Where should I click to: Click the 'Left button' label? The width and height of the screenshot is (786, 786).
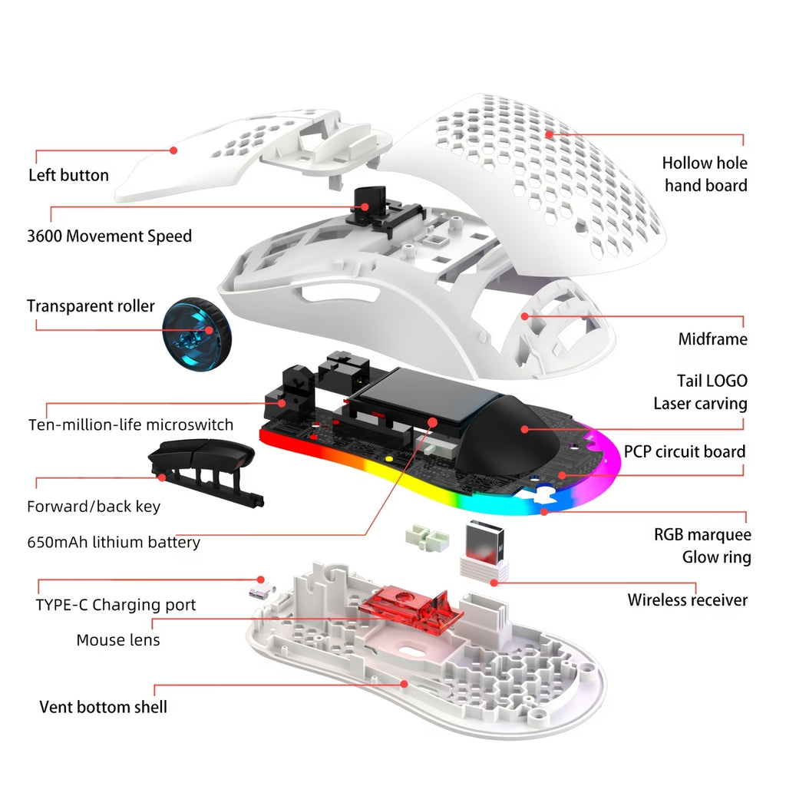click(68, 175)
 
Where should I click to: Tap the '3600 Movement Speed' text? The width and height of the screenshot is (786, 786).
click(109, 236)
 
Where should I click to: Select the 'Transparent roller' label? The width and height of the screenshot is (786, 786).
click(91, 306)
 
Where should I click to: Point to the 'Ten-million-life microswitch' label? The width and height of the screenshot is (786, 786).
click(130, 424)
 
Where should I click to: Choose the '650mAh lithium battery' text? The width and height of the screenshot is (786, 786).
click(113, 542)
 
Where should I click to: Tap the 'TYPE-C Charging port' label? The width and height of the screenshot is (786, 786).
click(115, 605)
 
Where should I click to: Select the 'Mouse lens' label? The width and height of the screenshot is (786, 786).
click(118, 639)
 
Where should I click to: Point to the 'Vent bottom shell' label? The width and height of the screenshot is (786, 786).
click(103, 706)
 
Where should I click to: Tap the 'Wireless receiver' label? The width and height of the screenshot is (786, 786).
click(687, 599)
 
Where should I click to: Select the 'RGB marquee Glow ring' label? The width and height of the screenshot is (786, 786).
click(702, 546)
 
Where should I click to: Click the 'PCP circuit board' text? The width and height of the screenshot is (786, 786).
click(684, 451)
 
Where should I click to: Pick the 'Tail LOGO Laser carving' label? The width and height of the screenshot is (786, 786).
click(700, 391)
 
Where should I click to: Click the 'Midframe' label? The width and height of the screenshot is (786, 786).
click(712, 339)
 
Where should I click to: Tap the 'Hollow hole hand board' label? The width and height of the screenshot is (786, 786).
click(705, 173)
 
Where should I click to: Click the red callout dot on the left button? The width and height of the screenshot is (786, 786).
click(173, 150)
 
